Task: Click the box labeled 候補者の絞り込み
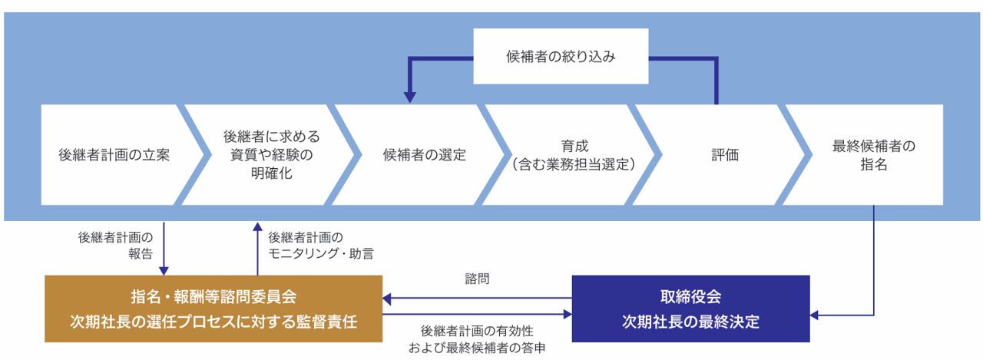[x=561, y=56]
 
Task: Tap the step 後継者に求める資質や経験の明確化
[x=271, y=154]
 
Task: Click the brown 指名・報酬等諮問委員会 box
[x=213, y=309]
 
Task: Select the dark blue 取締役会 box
[x=690, y=309]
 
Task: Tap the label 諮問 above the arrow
[x=476, y=280]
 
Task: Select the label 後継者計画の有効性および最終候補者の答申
[x=477, y=339]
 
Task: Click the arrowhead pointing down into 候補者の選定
[x=410, y=97]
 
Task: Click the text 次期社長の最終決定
[x=690, y=322]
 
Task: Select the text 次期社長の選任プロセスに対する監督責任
[x=213, y=322]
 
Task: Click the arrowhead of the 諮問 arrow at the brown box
[x=387, y=298]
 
